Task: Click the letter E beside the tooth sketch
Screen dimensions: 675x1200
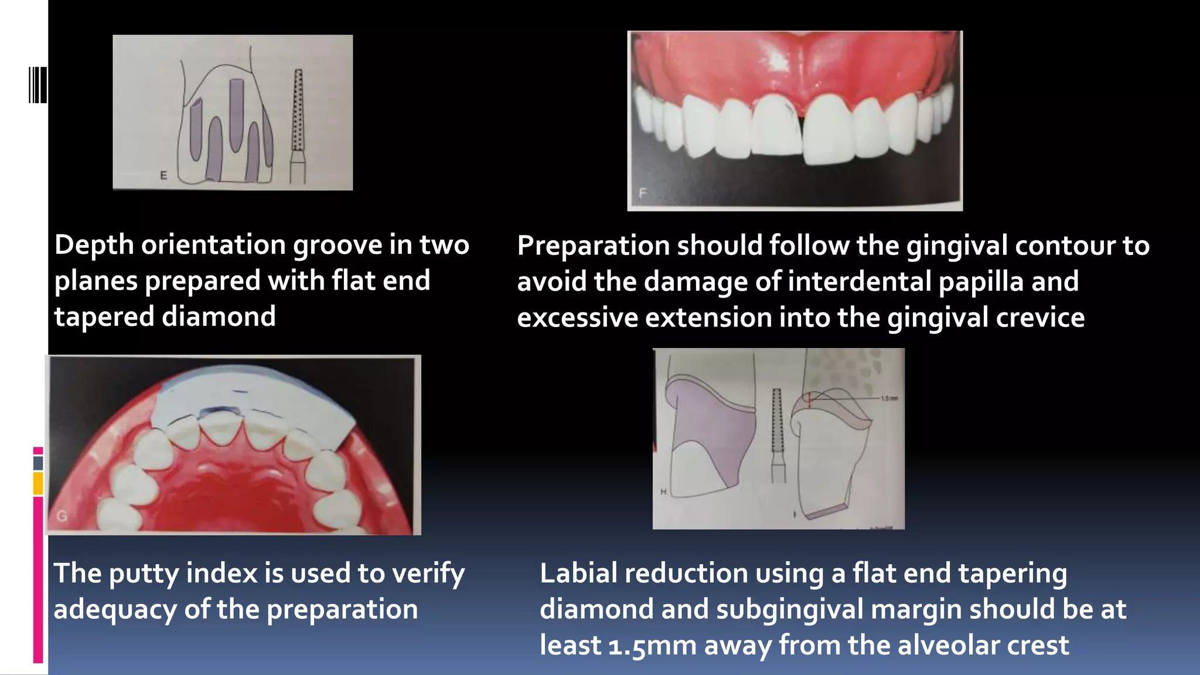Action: tap(163, 175)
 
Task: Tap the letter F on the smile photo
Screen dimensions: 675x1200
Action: tap(643, 193)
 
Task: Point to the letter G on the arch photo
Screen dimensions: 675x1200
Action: tap(62, 516)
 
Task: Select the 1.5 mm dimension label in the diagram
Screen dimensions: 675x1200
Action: tap(889, 398)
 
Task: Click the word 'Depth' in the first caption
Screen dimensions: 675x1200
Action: tap(94, 245)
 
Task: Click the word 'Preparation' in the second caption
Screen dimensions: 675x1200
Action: tap(593, 246)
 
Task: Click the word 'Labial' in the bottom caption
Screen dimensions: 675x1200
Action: tap(578, 574)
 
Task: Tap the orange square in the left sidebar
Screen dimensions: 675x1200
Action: tap(38, 484)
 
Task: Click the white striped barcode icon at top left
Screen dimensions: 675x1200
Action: tap(37, 85)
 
